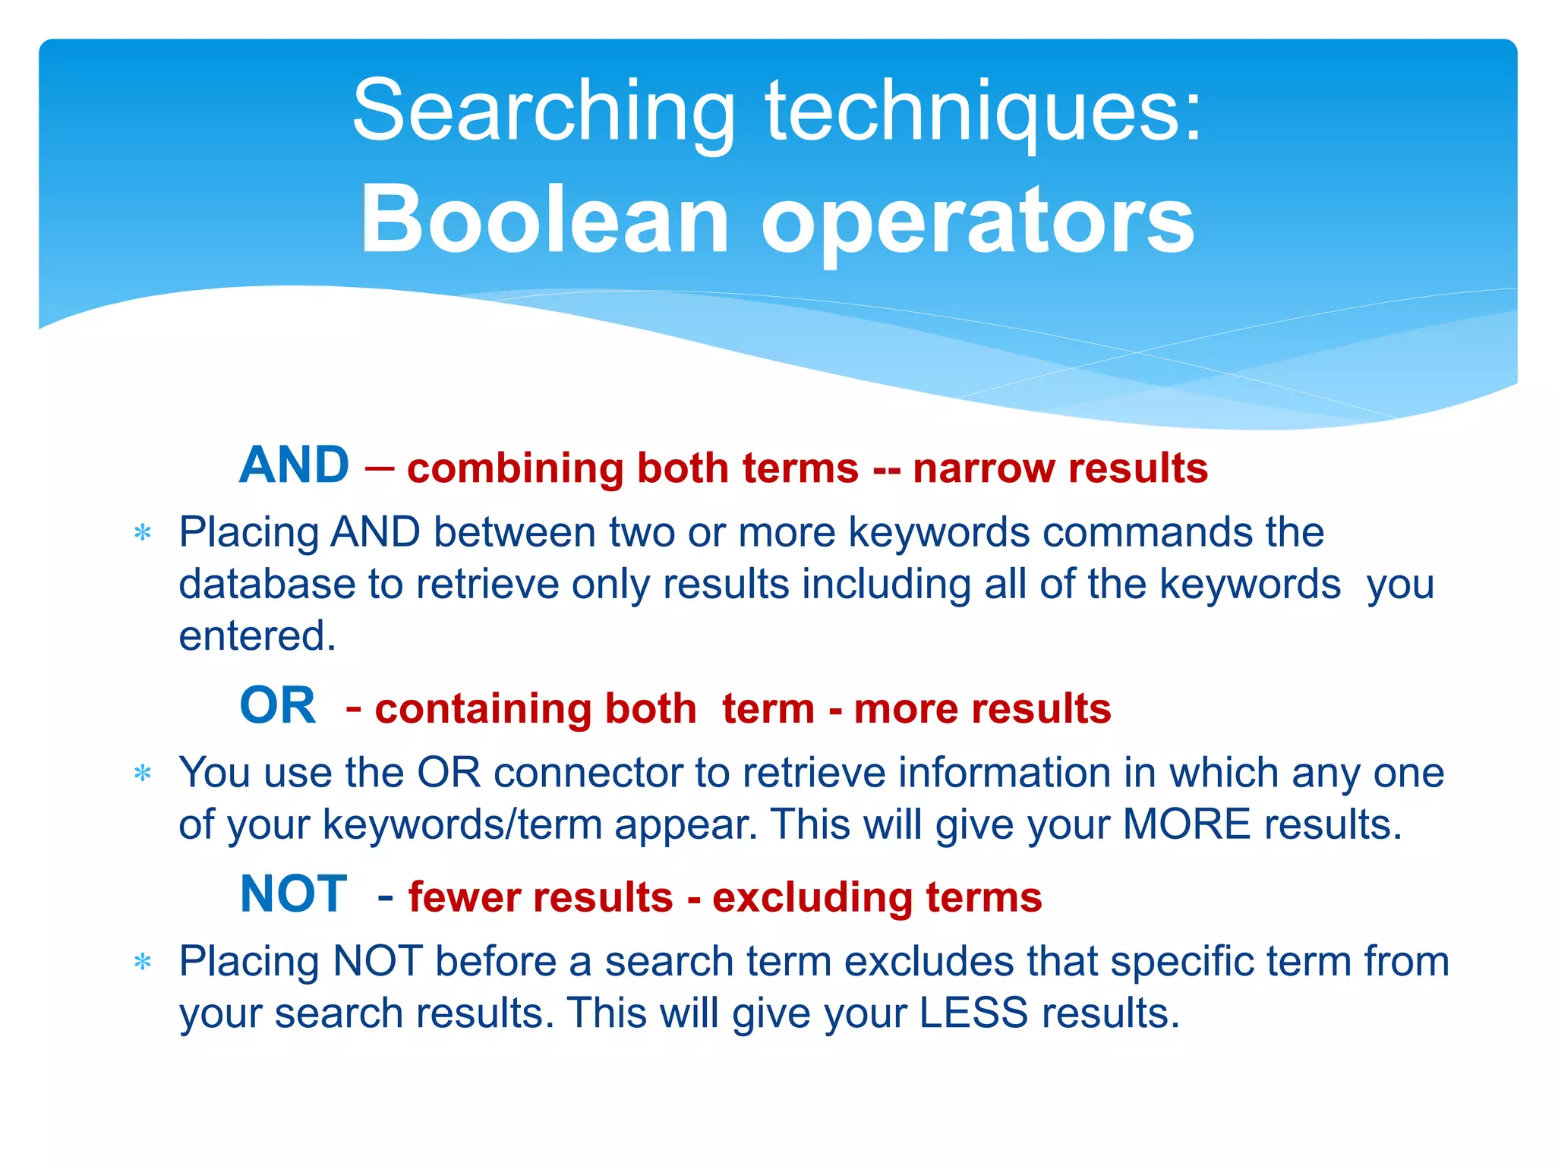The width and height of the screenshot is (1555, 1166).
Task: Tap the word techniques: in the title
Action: pyautogui.click(x=984, y=112)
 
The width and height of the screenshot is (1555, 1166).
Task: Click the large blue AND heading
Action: pyautogui.click(x=295, y=465)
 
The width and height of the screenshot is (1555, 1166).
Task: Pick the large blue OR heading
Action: pyautogui.click(x=277, y=705)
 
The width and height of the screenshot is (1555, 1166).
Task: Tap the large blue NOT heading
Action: pyautogui.click(x=294, y=893)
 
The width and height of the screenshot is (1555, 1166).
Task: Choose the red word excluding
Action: pyautogui.click(x=812, y=897)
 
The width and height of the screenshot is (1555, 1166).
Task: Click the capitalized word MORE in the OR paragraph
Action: pyautogui.click(x=1186, y=824)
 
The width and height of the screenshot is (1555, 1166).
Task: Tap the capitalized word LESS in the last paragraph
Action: pyautogui.click(x=973, y=1013)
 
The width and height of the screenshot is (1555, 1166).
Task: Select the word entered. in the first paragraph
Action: pyautogui.click(x=257, y=636)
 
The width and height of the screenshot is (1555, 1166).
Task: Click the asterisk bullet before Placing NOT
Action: pyautogui.click(x=143, y=963)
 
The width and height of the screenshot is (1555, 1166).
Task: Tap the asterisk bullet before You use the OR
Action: pyautogui.click(x=143, y=774)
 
